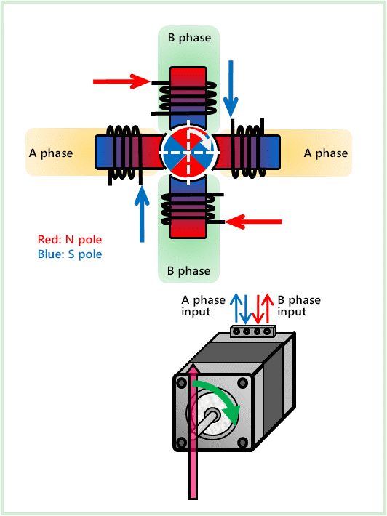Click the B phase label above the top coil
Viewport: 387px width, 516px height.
188,37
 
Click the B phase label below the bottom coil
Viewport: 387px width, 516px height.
188,271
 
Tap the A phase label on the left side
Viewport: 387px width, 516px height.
50,153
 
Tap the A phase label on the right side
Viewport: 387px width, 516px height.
326,153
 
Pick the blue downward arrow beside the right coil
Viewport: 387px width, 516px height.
231,88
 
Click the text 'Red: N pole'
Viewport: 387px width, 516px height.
69,239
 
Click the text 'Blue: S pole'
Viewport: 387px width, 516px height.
70,254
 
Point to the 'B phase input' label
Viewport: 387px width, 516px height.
299,306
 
